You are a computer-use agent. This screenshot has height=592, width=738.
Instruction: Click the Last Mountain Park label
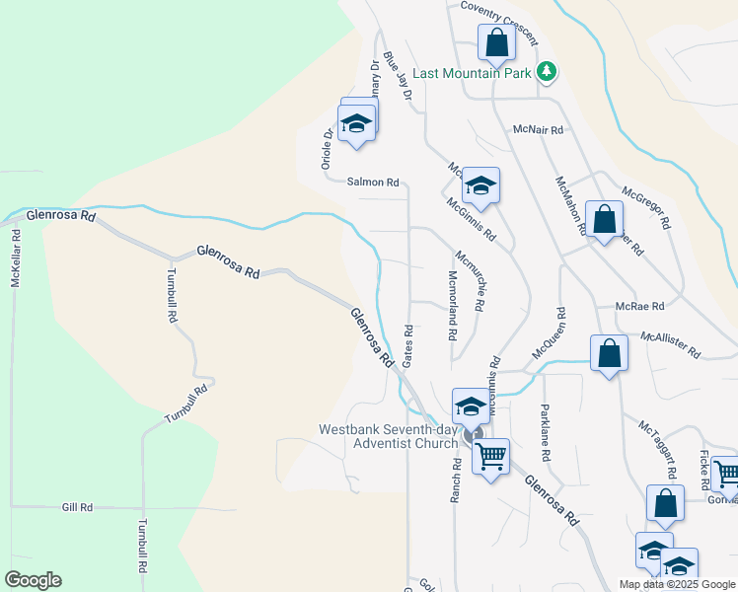(473, 72)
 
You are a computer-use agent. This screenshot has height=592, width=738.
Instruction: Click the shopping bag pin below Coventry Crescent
(495, 43)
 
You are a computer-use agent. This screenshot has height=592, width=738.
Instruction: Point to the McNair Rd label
(538, 129)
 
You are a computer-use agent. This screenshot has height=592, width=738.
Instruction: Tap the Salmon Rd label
(372, 183)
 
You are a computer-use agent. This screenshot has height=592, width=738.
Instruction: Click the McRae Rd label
(640, 306)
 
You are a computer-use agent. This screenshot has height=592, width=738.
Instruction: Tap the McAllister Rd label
(670, 345)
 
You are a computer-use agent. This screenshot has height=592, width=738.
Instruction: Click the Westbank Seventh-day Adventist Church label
(389, 436)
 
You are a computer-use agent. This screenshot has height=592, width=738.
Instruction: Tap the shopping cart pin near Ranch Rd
(490, 457)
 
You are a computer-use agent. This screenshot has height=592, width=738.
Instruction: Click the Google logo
(33, 579)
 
